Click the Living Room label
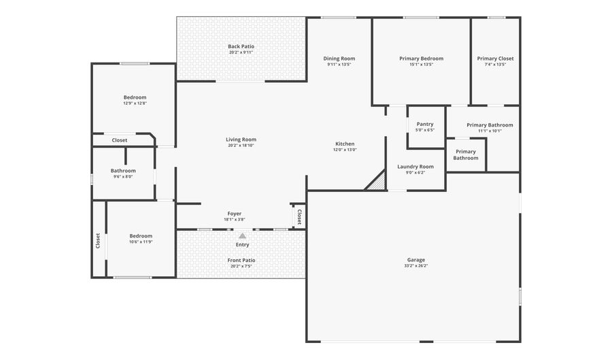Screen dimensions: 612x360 pyautogui.click(x=241, y=140)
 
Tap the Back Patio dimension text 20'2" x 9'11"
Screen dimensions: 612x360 pyautogui.click(x=241, y=52)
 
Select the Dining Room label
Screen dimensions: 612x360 pyautogui.click(x=339, y=59)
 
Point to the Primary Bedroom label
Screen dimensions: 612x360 pyautogui.click(x=421, y=59)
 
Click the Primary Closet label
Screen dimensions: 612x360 pyautogui.click(x=495, y=59)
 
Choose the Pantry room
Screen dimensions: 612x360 pyautogui.click(x=426, y=127)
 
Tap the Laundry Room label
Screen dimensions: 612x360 pyautogui.click(x=415, y=167)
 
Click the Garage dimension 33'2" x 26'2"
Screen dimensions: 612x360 pyautogui.click(x=416, y=266)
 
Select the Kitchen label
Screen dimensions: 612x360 pyautogui.click(x=345, y=144)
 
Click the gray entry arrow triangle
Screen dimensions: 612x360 pyautogui.click(x=242, y=236)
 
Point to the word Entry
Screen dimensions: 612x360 pyautogui.click(x=242, y=245)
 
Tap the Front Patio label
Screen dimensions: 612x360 pyautogui.click(x=241, y=261)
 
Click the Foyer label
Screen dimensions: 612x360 pyautogui.click(x=234, y=214)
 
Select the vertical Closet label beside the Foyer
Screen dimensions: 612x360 pyautogui.click(x=299, y=217)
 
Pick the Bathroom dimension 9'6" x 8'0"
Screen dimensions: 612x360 pyautogui.click(x=123, y=177)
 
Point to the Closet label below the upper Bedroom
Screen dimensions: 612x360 pyautogui.click(x=120, y=140)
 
